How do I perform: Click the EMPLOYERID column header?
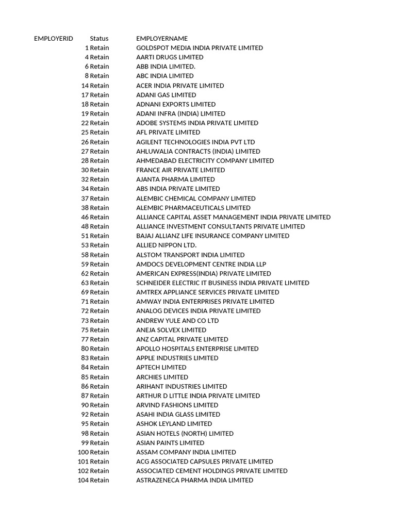pyautogui.click(x=54, y=39)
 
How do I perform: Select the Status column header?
pyautogui.click(x=99, y=39)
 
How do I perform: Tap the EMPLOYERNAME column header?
pyautogui.click(x=162, y=39)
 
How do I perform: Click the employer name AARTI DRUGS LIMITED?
pyautogui.click(x=170, y=57)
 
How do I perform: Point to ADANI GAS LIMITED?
pyautogui.click(x=166, y=95)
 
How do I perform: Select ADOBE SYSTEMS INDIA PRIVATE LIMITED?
pyautogui.click(x=197, y=123)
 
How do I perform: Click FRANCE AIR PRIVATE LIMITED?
pyautogui.click(x=180, y=170)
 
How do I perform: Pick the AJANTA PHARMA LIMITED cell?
pyautogui.click(x=175, y=179)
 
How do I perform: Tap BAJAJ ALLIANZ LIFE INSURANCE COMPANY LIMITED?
pyautogui.click(x=212, y=236)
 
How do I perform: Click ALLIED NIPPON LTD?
pyautogui.click(x=166, y=245)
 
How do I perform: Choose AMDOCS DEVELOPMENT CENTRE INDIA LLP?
pyautogui.click(x=201, y=264)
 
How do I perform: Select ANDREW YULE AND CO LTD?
pyautogui.click(x=177, y=320)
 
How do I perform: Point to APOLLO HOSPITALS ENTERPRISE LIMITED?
pyautogui.click(x=197, y=349)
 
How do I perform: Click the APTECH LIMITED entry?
pyautogui.click(x=161, y=367)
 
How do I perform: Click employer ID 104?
pyautogui.click(x=83, y=480)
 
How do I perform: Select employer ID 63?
pyautogui.click(x=85, y=283)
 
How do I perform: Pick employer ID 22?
pyautogui.click(x=85, y=123)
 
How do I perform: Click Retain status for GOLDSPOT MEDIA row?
pyautogui.click(x=100, y=48)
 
